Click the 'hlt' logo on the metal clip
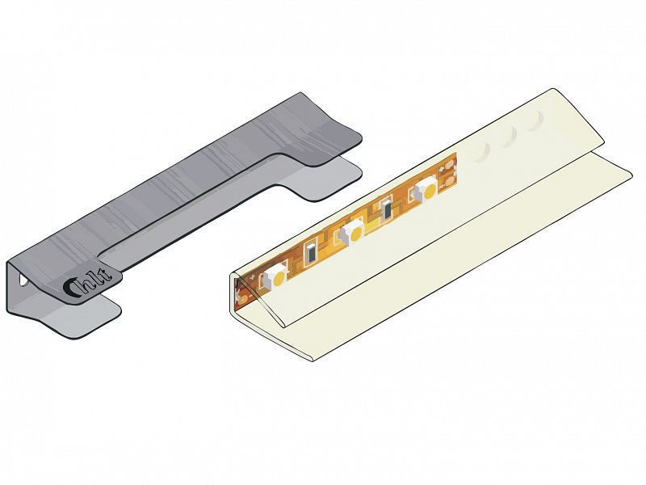pyautogui.click(x=87, y=282)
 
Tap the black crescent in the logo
pyautogui.click(x=70, y=287)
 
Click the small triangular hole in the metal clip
pyautogui.click(x=23, y=280)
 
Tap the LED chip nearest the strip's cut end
pyautogui.click(x=425, y=190)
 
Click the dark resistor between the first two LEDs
pyautogui.click(x=312, y=252)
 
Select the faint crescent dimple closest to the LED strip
pyautogui.click(x=483, y=154)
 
